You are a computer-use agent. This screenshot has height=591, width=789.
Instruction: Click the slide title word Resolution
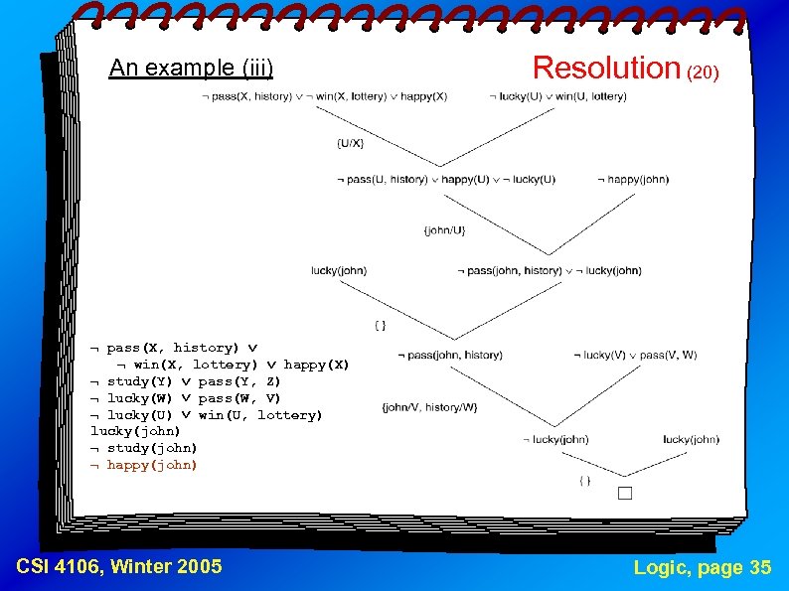pyautogui.click(x=604, y=68)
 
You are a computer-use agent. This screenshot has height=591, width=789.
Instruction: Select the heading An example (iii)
pyautogui.click(x=191, y=68)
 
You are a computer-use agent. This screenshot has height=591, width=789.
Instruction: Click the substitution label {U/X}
pyautogui.click(x=350, y=144)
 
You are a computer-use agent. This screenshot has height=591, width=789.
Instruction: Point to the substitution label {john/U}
pyautogui.click(x=443, y=230)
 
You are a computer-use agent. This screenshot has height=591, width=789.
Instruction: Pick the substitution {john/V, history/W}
pyautogui.click(x=430, y=407)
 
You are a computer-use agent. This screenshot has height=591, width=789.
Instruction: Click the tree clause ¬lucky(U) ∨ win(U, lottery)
pyautogui.click(x=557, y=96)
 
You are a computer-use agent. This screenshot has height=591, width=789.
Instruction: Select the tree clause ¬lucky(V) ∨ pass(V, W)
pyautogui.click(x=640, y=355)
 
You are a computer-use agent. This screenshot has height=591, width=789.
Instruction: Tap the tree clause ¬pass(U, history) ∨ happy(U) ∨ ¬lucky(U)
pyautogui.click(x=445, y=180)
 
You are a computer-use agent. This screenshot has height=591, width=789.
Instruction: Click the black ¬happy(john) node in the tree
pyautogui.click(x=633, y=180)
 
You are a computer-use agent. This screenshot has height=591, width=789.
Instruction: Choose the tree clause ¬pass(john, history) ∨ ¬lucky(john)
pyautogui.click(x=549, y=270)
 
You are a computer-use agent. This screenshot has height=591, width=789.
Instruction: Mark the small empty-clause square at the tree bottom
pyautogui.click(x=624, y=493)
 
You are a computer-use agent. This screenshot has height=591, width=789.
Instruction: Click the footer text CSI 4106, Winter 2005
pyautogui.click(x=119, y=567)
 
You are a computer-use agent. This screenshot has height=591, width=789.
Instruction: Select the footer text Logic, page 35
pyautogui.click(x=703, y=567)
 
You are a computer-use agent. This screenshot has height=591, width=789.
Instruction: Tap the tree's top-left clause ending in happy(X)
pyautogui.click(x=324, y=96)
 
